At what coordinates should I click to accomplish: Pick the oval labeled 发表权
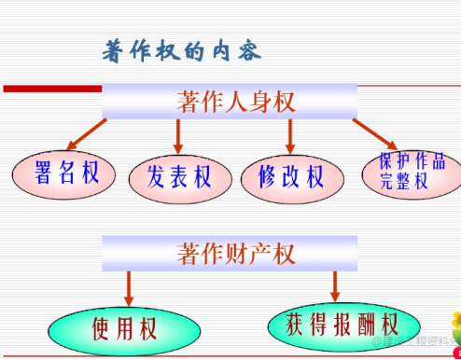coord(179,177)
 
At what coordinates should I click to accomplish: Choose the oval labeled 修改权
coord(290,177)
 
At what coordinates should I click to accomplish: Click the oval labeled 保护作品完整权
coord(405,172)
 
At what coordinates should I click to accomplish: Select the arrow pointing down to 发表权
coord(178,136)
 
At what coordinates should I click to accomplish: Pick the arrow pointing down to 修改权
coord(290,136)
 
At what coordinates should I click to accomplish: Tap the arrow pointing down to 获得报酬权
coord(333,284)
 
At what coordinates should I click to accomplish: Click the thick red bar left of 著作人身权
coord(51,89)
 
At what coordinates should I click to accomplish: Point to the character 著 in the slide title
coord(115,51)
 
